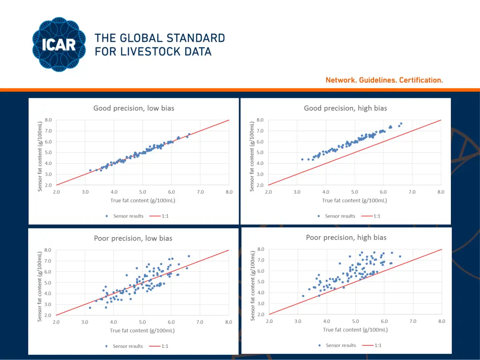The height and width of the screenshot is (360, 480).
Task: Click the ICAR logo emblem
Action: [60, 45]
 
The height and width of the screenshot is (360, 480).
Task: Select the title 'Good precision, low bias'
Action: [134, 108]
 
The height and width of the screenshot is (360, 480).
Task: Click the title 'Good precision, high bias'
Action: [345, 108]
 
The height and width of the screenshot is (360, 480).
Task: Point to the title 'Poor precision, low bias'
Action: [133, 238]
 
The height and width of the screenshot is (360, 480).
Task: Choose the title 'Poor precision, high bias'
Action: [346, 238]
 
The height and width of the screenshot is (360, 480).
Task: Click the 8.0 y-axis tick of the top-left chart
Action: [49, 120]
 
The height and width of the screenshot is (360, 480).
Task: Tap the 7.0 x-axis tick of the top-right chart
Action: [412, 192]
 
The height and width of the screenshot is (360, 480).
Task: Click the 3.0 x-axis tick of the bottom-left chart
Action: [85, 322]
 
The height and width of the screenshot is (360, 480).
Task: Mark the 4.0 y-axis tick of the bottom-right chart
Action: [261, 292]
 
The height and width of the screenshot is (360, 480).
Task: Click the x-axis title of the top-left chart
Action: [142, 201]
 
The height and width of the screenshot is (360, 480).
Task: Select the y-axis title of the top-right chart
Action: [254, 152]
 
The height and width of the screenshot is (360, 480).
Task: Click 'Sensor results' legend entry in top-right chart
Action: [339, 216]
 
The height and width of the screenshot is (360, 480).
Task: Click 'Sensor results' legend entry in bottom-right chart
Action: [341, 345]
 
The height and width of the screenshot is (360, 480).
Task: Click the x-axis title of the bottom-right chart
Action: [355, 330]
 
